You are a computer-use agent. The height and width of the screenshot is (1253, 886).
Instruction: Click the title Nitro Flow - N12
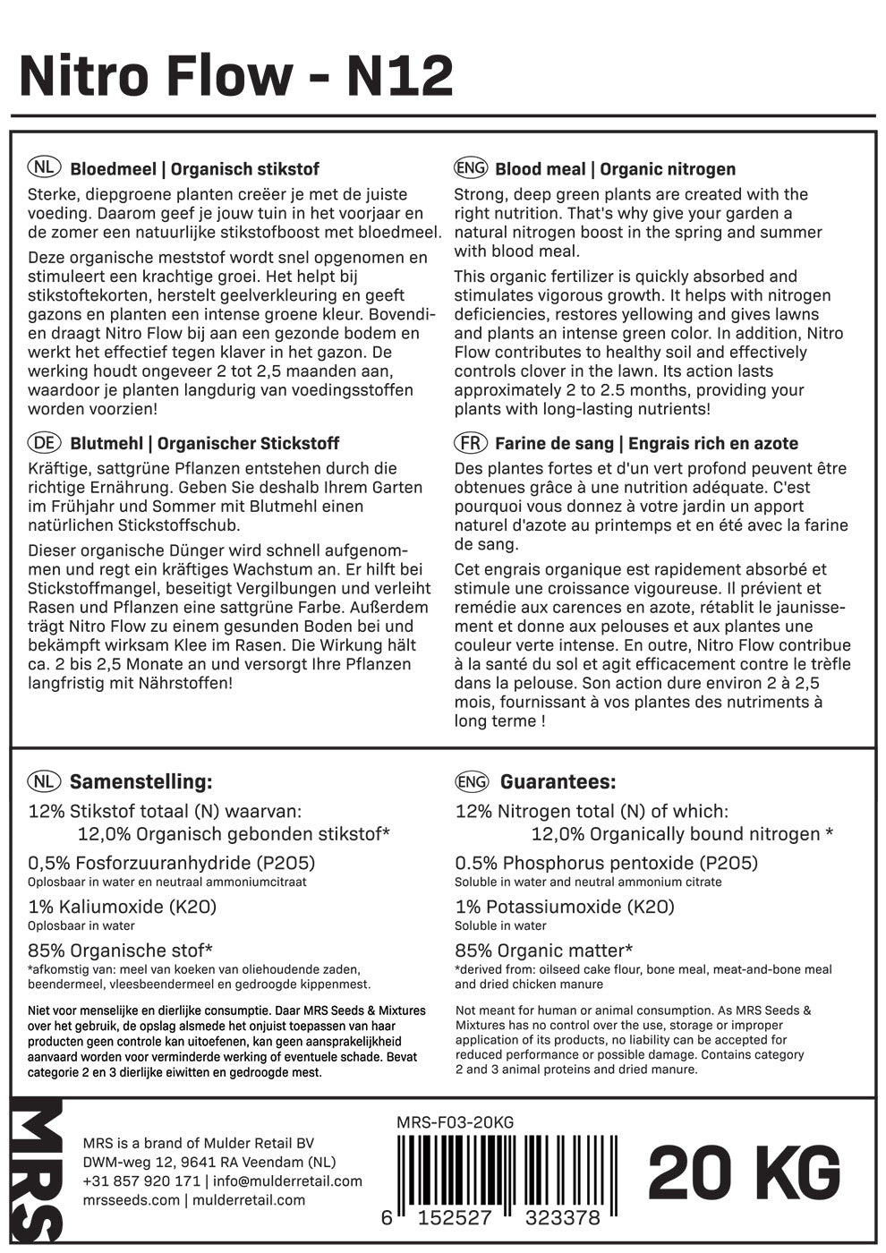pyautogui.click(x=236, y=77)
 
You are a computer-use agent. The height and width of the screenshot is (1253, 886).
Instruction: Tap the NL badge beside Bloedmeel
pyautogui.click(x=44, y=168)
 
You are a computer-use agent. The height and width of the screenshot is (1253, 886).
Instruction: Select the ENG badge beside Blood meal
pyautogui.click(x=471, y=168)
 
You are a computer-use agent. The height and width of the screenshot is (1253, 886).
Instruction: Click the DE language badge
pyautogui.click(x=44, y=443)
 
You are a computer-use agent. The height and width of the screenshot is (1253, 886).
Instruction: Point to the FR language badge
pyautogui.click(x=471, y=443)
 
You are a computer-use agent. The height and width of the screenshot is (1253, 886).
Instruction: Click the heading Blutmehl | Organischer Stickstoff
pyautogui.click(x=204, y=444)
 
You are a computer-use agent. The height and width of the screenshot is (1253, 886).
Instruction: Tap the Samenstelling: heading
pyautogui.click(x=141, y=781)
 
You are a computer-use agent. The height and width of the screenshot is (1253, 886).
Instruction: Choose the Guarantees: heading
pyautogui.click(x=558, y=781)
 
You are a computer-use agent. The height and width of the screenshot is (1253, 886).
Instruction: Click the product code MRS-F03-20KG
pyautogui.click(x=455, y=1123)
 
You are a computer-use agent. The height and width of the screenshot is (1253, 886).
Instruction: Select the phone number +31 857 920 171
pyautogui.click(x=141, y=1181)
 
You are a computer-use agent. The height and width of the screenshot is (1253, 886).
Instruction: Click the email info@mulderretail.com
pyautogui.click(x=285, y=1181)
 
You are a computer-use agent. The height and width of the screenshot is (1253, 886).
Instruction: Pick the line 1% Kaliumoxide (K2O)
pyautogui.click(x=123, y=907)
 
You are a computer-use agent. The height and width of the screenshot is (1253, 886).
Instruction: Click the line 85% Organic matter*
pyautogui.click(x=544, y=950)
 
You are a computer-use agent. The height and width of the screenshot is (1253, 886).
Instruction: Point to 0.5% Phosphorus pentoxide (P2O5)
pyautogui.click(x=607, y=863)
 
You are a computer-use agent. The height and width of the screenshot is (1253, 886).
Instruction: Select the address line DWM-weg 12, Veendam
pyautogui.click(x=209, y=1162)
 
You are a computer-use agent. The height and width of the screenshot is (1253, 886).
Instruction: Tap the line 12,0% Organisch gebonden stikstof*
pyautogui.click(x=234, y=834)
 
